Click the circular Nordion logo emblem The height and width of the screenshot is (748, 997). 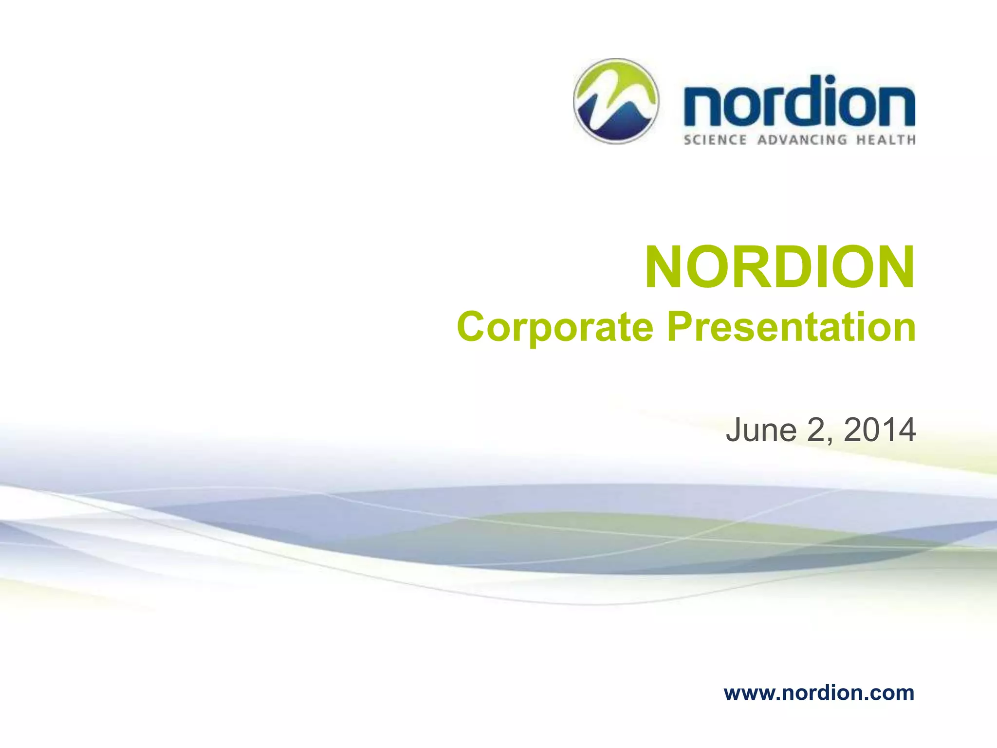click(616, 101)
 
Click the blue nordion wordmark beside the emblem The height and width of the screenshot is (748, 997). click(798, 104)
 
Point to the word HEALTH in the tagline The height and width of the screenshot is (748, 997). click(886, 140)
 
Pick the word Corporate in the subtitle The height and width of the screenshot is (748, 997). click(555, 327)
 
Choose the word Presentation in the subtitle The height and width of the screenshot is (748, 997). click(792, 327)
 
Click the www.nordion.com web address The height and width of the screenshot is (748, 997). click(819, 692)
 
